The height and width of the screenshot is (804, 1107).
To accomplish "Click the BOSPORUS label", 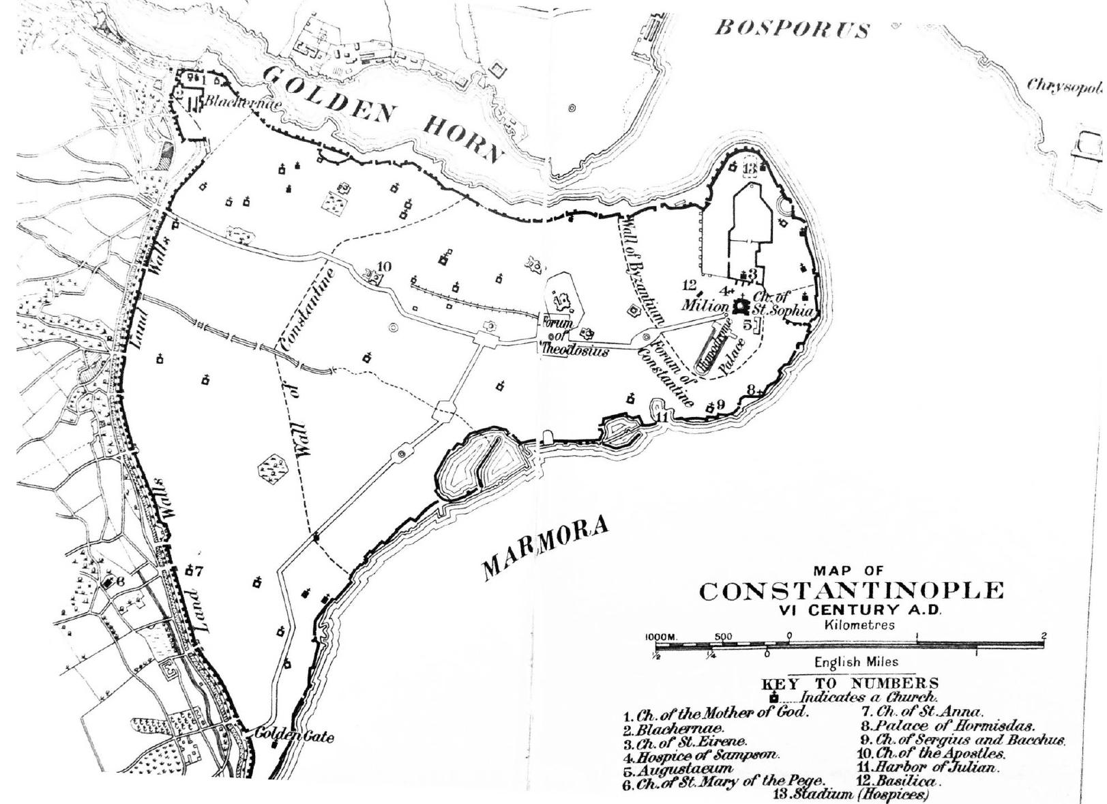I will tap(791, 28).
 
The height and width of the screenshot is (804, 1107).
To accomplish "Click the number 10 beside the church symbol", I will tap(384, 266).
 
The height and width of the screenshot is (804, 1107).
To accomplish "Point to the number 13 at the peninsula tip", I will tap(750, 168).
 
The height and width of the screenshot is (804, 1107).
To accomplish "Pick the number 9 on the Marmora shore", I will tap(721, 404).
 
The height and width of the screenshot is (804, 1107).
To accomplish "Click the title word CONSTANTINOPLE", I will tap(851, 591).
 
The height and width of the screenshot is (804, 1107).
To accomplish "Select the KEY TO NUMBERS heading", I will tap(849, 683).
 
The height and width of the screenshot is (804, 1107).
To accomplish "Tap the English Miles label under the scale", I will tap(856, 661).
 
